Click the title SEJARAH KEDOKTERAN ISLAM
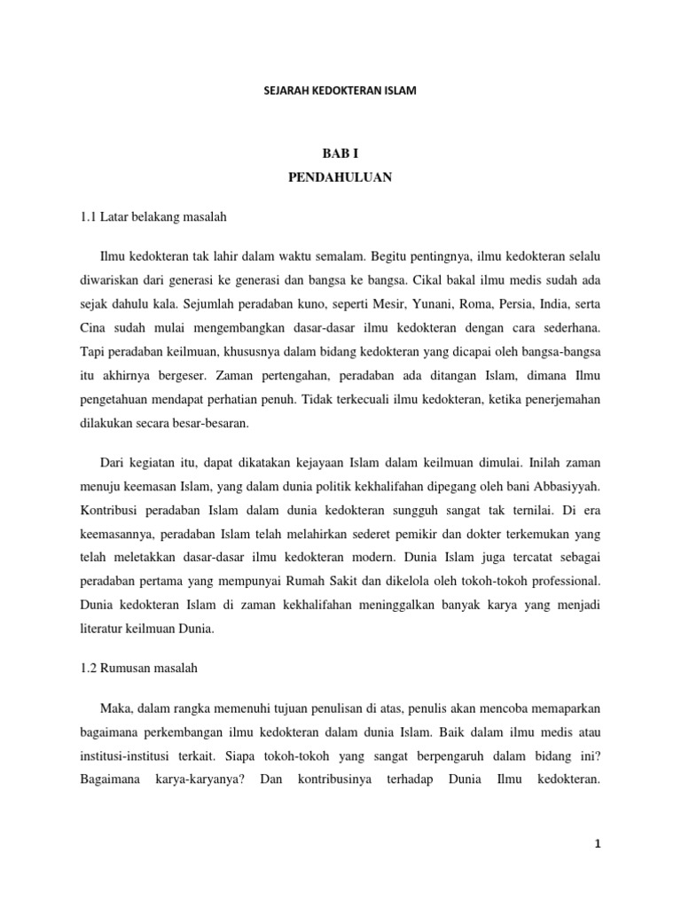pyautogui.click(x=340, y=90)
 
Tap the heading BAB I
pyautogui.click(x=340, y=153)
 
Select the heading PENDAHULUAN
pyautogui.click(x=340, y=177)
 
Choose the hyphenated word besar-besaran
pyautogui.click(x=206, y=422)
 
